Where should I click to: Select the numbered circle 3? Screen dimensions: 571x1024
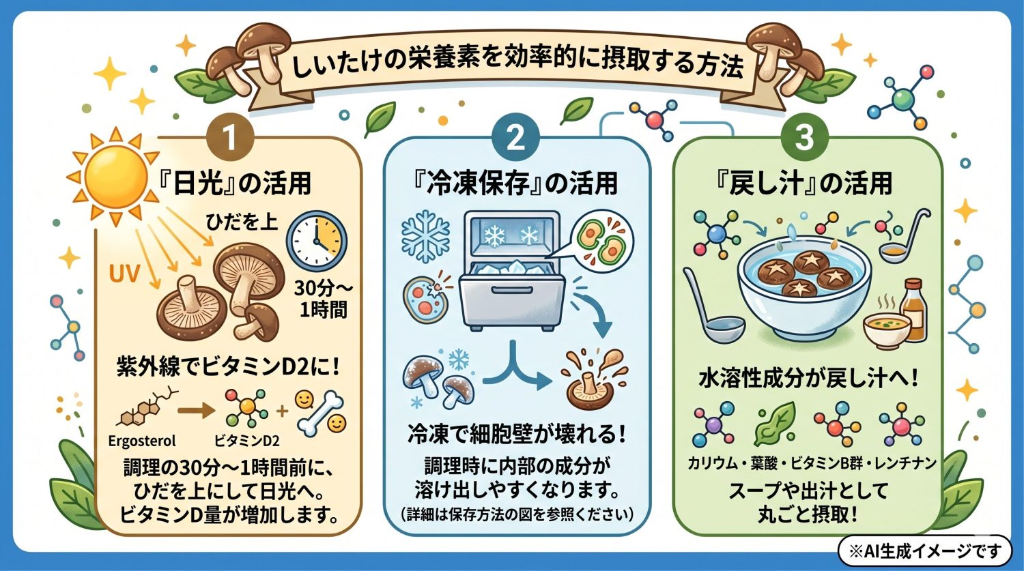pos(806,136)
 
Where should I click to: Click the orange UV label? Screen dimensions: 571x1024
pos(125,275)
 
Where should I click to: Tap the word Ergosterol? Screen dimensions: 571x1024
pos(142,441)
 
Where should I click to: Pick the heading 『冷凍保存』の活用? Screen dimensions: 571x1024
pos(516,184)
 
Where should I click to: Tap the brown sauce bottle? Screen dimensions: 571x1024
pos(915,305)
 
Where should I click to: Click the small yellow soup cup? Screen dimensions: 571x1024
pos(886,330)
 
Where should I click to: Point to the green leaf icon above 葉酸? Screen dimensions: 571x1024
pos(775,424)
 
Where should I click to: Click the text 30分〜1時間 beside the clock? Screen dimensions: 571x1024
pos(322,299)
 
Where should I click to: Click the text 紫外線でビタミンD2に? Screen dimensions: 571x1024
pos(229,369)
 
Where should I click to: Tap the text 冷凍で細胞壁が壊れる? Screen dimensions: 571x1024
pos(517,434)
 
